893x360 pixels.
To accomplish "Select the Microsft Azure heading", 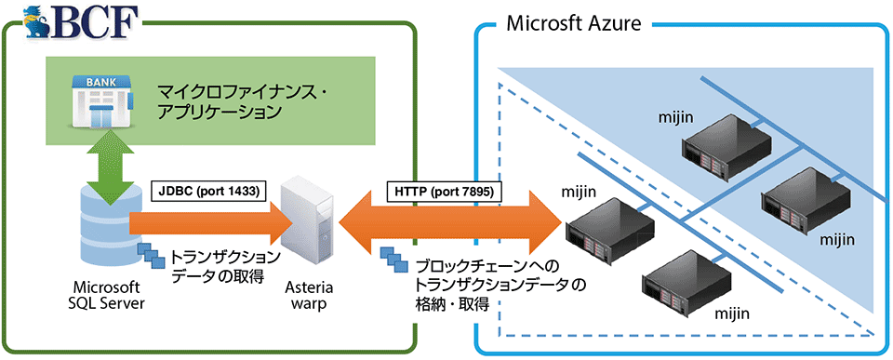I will (573, 23).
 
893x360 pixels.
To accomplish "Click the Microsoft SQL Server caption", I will (104, 294).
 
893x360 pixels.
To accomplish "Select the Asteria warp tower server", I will (307, 223).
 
